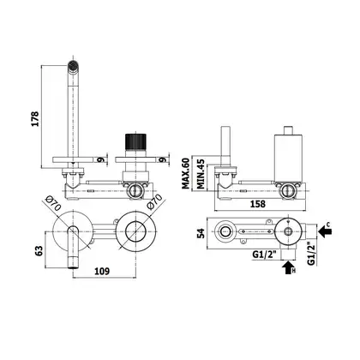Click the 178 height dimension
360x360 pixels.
point(35,118)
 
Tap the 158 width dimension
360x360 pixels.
point(258,204)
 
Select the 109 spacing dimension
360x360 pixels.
point(102,271)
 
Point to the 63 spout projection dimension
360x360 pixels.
point(39,250)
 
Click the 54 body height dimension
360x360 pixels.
point(201,233)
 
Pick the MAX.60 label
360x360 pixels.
point(186,173)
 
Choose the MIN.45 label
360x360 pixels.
point(201,174)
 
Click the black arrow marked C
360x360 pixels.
point(325,231)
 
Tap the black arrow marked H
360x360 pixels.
point(288,267)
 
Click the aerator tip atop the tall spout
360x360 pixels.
point(73,66)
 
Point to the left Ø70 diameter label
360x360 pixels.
point(53,203)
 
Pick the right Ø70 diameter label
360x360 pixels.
point(154,201)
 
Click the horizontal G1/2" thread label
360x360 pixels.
point(266,254)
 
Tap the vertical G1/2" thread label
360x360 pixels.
point(311,254)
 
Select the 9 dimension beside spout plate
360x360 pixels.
point(100,159)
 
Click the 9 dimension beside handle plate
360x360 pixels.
point(163,159)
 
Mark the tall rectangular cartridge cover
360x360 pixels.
point(288,159)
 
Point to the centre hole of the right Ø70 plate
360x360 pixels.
point(136,231)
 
